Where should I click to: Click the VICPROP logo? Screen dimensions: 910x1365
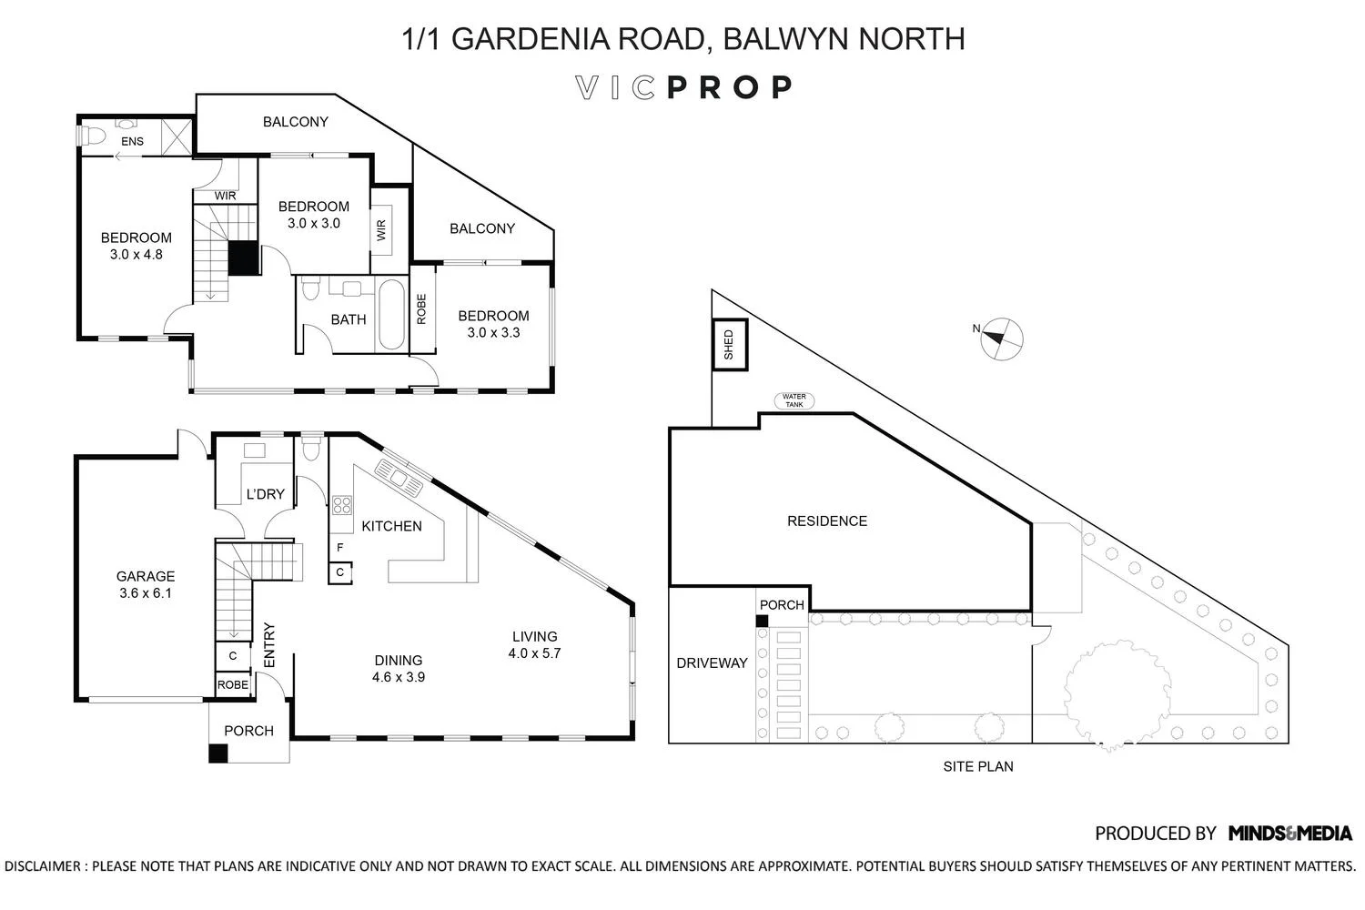684,87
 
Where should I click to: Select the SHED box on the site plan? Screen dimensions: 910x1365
729,345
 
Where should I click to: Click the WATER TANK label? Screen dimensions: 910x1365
794,399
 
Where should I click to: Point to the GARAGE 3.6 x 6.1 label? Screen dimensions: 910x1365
145,584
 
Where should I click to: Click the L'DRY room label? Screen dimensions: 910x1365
266,494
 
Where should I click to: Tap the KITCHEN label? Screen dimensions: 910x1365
391,526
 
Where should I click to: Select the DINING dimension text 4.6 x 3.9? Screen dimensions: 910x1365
399,677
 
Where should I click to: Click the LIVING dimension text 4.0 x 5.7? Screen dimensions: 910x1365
534,652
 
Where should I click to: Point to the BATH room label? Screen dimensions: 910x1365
349,319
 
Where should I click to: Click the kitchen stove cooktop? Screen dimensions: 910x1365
342,505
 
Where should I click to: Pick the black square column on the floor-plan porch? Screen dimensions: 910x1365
217,753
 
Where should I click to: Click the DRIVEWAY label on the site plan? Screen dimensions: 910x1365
712,662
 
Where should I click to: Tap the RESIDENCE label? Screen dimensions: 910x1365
826,521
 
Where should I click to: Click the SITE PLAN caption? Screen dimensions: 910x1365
977,766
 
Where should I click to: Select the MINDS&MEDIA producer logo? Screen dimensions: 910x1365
1289,833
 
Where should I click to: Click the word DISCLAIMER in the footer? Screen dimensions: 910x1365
43,865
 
